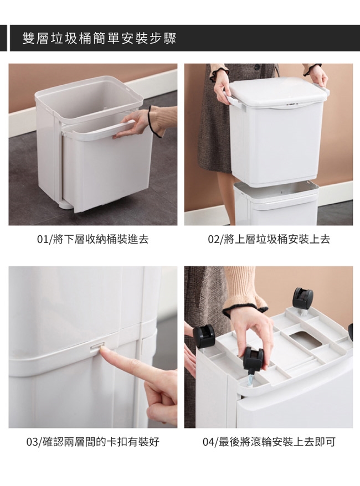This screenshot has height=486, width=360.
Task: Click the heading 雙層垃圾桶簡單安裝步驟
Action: [99, 38]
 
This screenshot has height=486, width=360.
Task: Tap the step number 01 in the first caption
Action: [41, 239]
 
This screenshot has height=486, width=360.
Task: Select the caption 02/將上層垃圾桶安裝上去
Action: [269, 239]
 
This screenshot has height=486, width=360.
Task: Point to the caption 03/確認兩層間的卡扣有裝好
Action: [93, 442]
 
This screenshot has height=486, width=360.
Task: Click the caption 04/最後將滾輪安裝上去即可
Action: [269, 442]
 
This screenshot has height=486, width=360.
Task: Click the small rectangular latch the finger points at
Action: [97, 348]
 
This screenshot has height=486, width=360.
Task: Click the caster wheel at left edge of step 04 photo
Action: [203, 337]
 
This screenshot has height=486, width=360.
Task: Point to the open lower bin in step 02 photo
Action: [276, 203]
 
